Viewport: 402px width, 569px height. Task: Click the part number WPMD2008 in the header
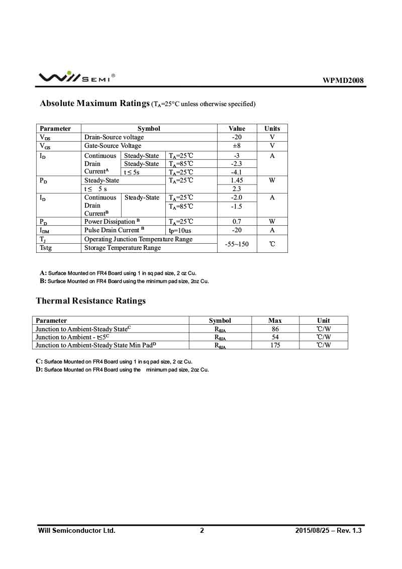coord(343,80)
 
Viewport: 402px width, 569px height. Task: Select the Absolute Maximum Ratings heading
coord(95,104)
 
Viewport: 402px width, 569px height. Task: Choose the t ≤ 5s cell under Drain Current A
coord(132,172)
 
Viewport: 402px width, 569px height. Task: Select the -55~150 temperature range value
coord(237,244)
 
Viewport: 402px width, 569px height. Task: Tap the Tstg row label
coord(46,248)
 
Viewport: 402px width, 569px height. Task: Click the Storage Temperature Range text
coord(123,248)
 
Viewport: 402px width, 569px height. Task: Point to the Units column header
coord(272,129)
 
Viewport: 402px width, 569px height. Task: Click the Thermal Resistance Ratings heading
coord(90,301)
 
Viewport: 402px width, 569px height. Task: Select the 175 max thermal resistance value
coord(275,345)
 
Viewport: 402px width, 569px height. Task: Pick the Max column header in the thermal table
coord(275,321)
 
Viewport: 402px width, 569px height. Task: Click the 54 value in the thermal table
coord(275,337)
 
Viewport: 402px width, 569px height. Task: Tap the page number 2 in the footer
coord(202,530)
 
